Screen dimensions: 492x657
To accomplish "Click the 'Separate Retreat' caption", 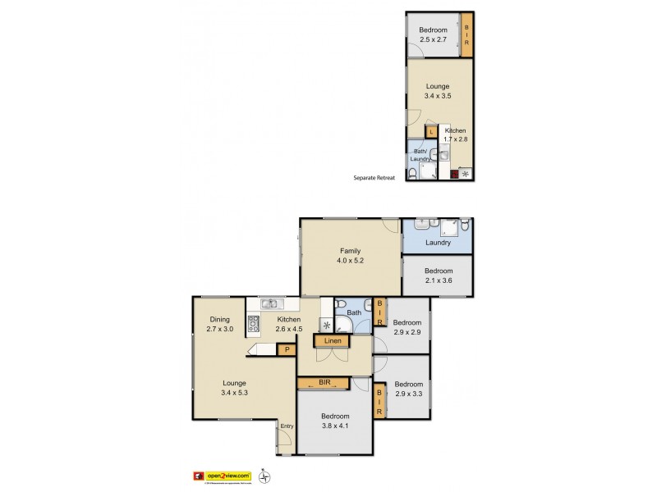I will (374, 177).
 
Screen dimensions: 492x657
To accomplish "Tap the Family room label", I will (351, 252).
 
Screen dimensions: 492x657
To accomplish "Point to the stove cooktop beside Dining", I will (254, 324).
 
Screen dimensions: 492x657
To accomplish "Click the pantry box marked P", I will (286, 350).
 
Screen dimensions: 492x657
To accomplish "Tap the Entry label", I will (287, 426).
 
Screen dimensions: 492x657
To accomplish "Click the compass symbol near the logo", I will (263, 475).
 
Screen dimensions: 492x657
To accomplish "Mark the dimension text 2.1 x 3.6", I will (438, 280).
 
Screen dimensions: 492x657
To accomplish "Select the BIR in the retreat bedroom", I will (466, 36).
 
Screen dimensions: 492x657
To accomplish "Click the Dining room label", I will (219, 320).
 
